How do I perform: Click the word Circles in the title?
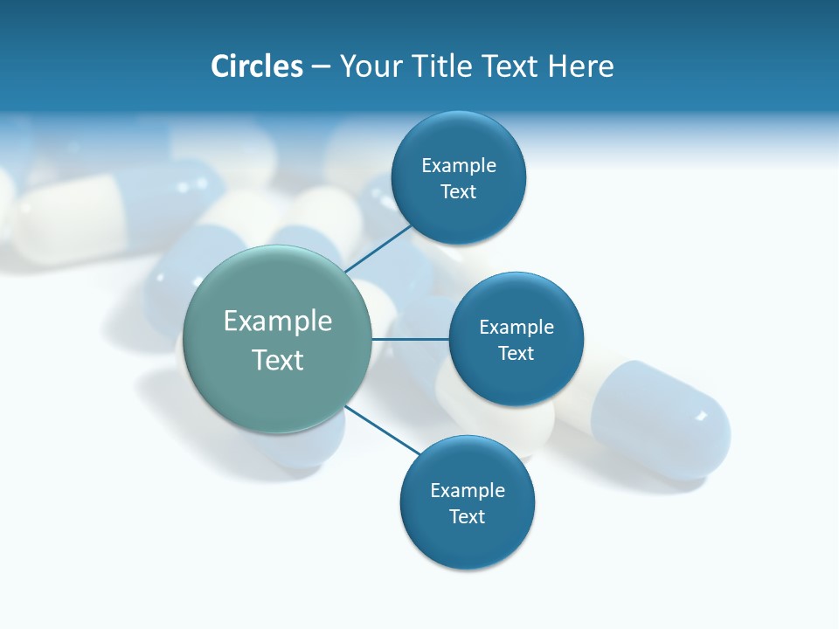[x=256, y=66]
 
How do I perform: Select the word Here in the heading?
[x=581, y=66]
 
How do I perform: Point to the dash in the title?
[x=321, y=67]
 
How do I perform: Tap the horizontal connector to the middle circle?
[x=410, y=339]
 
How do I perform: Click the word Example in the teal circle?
[x=278, y=321]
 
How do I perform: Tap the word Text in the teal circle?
[x=278, y=360]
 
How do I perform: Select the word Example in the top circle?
[x=459, y=166]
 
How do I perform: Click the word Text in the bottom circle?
[x=467, y=516]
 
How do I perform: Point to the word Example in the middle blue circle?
[x=517, y=328]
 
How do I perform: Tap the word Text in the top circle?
[x=458, y=192]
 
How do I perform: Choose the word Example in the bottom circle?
[x=468, y=491]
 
